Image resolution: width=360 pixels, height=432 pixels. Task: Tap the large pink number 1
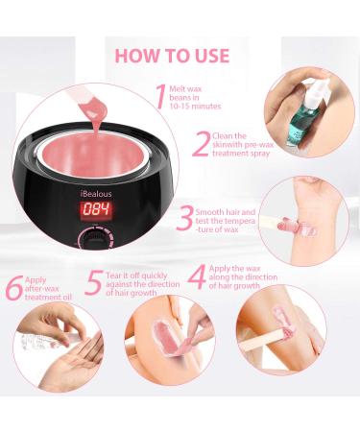pos(160,96)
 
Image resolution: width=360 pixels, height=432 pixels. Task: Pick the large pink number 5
pos(92,282)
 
